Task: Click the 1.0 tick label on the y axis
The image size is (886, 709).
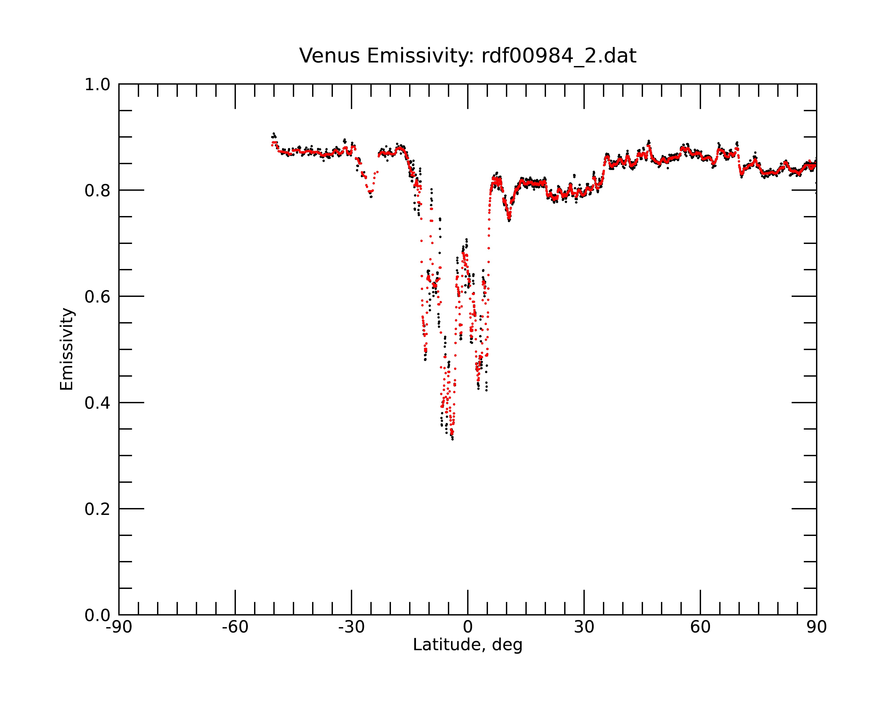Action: click(x=97, y=85)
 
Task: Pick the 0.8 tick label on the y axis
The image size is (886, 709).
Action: click(x=97, y=191)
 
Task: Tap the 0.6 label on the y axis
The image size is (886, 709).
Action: click(x=97, y=297)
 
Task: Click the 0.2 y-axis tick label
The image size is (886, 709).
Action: click(x=97, y=509)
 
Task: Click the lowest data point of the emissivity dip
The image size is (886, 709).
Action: click(x=453, y=439)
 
